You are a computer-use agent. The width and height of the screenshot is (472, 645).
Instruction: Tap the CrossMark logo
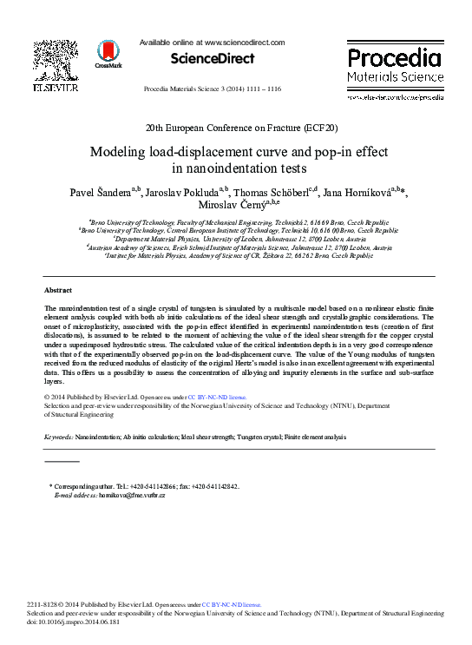[108, 53]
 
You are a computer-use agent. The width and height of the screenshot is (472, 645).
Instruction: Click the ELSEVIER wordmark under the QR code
[56, 87]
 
